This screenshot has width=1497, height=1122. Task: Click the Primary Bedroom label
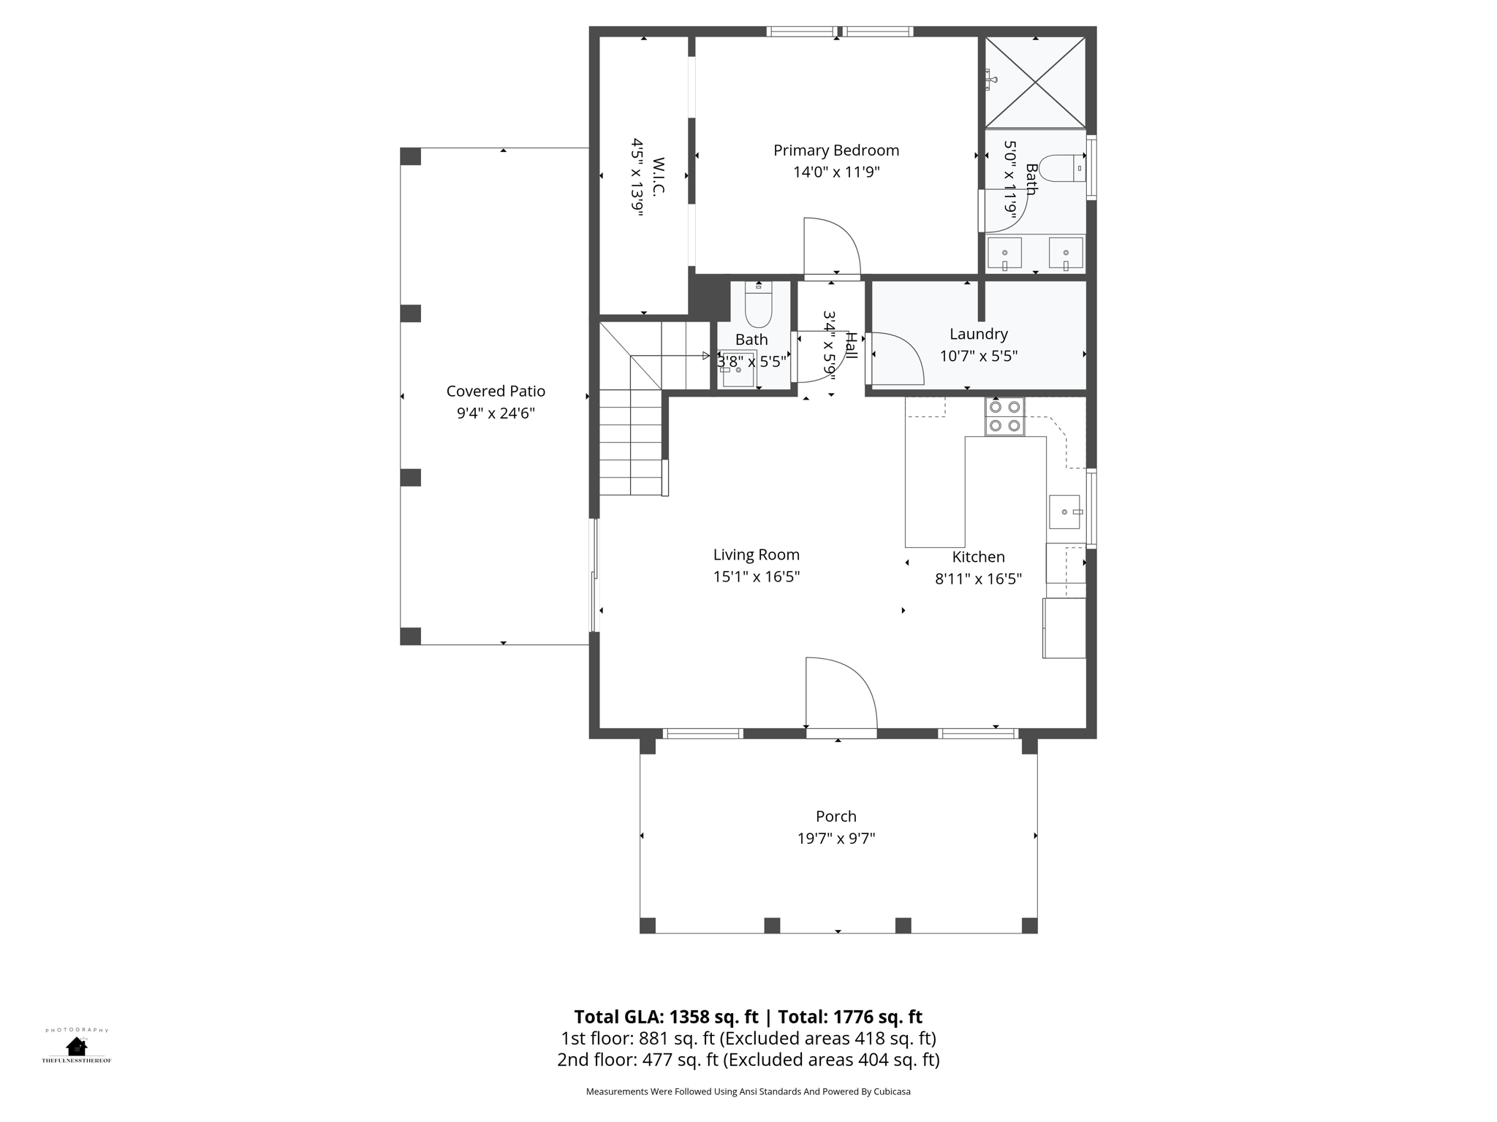[836, 150]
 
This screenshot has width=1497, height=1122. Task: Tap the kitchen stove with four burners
[1004, 417]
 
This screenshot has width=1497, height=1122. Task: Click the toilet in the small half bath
[758, 305]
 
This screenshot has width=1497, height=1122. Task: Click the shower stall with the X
[1035, 83]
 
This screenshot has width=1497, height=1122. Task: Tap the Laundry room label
[979, 334]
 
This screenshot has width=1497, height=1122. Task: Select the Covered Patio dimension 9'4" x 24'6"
[496, 413]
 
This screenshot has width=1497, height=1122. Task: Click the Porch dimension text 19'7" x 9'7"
[836, 838]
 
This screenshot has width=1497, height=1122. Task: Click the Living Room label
[757, 555]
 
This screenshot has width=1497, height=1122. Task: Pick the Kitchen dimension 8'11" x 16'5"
[979, 579]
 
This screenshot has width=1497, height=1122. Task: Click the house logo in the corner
[76, 1046]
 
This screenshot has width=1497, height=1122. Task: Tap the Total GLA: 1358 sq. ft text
[667, 1017]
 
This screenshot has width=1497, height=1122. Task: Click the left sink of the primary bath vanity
[1004, 253]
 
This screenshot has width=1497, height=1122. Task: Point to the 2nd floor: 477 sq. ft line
[748, 1059]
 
